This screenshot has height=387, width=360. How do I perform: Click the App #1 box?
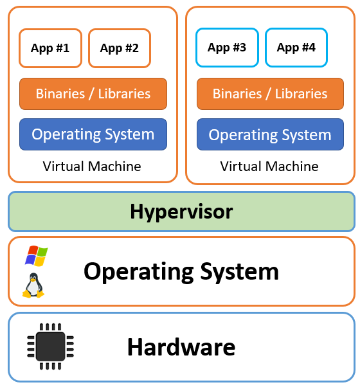click(x=50, y=48)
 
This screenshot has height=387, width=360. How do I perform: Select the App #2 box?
click(x=120, y=48)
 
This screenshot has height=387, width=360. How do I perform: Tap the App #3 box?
click(x=227, y=48)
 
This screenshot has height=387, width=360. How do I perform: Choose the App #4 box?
click(x=296, y=48)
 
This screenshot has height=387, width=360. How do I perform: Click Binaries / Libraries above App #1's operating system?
click(x=93, y=94)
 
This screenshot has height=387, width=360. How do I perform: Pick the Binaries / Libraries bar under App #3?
click(x=270, y=94)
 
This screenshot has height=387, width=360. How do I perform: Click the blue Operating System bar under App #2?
click(x=93, y=134)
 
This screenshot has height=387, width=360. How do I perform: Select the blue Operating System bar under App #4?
click(x=270, y=134)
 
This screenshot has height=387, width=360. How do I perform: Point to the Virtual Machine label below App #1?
click(x=92, y=166)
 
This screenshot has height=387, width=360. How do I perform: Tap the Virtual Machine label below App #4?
click(x=269, y=166)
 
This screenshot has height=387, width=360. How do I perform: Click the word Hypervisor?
click(x=181, y=212)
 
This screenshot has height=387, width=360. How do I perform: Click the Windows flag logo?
click(x=37, y=256)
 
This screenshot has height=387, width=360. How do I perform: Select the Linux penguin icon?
click(x=33, y=285)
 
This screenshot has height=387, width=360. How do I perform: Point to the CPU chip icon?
click(x=51, y=346)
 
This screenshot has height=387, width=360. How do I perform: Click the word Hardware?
click(x=181, y=346)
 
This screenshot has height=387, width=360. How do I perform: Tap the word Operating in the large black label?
click(x=139, y=272)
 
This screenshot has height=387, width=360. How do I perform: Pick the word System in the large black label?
click(x=240, y=272)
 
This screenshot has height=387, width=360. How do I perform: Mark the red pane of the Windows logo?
click(x=33, y=250)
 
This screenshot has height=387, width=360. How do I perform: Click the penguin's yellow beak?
click(x=33, y=278)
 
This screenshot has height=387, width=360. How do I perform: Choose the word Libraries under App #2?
click(x=124, y=94)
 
